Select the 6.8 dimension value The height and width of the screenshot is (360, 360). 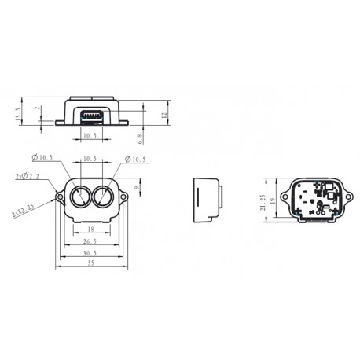coord(140,139)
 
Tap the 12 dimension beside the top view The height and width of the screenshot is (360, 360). coord(165,115)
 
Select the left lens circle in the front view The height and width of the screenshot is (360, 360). coord(79,196)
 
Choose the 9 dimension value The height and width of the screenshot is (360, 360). coord(138,188)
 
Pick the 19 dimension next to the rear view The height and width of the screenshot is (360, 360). coord(274,200)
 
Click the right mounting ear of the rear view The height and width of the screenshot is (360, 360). coord(345,191)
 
